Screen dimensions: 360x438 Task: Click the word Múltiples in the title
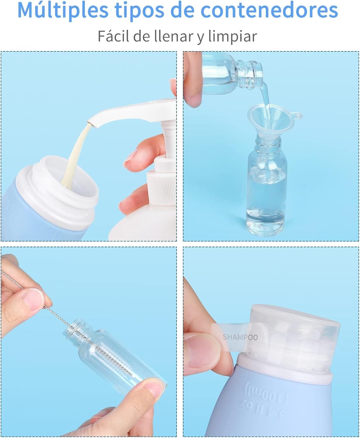[63, 11]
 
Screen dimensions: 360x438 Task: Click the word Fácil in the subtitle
[113, 36]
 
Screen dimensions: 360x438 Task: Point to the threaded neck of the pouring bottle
[250, 74]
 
